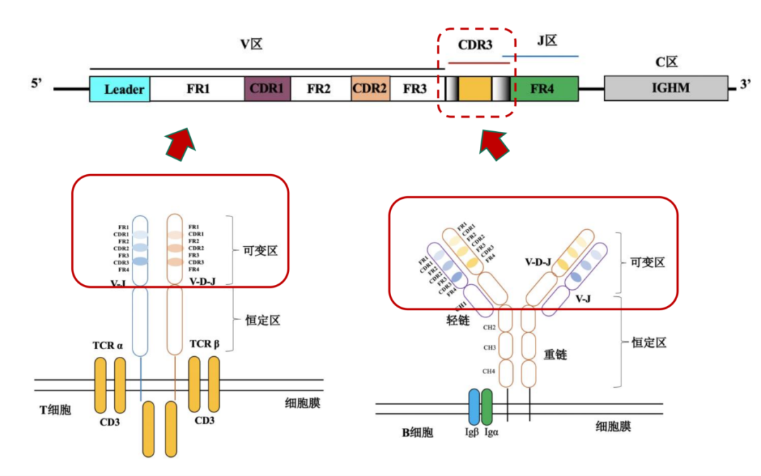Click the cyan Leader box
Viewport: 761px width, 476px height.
[x=120, y=90]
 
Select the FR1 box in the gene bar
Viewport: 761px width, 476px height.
[x=197, y=90]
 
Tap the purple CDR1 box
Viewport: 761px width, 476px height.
[x=267, y=90]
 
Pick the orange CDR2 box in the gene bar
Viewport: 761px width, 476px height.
[x=371, y=90]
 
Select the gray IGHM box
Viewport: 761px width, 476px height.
[x=666, y=90]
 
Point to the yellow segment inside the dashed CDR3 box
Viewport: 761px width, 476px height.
[x=475, y=90]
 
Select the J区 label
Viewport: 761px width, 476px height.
[x=547, y=41]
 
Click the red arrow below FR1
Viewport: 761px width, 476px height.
[x=180, y=143]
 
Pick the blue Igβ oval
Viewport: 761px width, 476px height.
[x=474, y=407]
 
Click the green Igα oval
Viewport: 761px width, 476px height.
[x=487, y=407]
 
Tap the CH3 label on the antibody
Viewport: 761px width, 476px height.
[x=488, y=348]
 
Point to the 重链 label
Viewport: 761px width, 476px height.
[x=555, y=355]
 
